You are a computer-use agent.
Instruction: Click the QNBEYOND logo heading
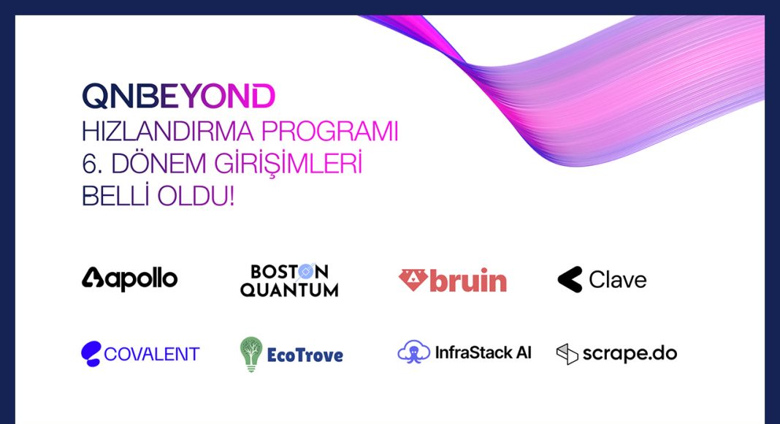[x=179, y=96]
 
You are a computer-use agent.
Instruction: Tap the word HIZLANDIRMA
[x=168, y=132]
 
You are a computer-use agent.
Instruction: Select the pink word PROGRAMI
[x=330, y=132]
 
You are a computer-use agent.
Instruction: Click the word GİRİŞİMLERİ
[x=288, y=163]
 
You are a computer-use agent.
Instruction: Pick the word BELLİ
[x=115, y=195]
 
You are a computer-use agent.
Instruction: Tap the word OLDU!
[x=196, y=196]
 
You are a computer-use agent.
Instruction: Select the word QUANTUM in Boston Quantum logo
[x=289, y=289]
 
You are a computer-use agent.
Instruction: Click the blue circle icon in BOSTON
[x=306, y=271]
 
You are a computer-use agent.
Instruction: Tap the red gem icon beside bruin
[x=413, y=280]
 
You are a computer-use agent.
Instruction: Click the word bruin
[x=468, y=280]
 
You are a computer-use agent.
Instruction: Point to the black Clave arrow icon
[x=570, y=279]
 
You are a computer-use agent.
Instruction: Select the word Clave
[x=618, y=280]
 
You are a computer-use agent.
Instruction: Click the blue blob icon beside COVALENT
[x=91, y=354]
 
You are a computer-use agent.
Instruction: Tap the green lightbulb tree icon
[x=251, y=355]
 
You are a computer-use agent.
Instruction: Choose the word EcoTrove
[x=305, y=355]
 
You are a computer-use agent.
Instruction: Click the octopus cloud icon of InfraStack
[x=414, y=352]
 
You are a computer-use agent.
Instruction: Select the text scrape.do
[x=630, y=354]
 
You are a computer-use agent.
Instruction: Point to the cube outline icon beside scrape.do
[x=567, y=354]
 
